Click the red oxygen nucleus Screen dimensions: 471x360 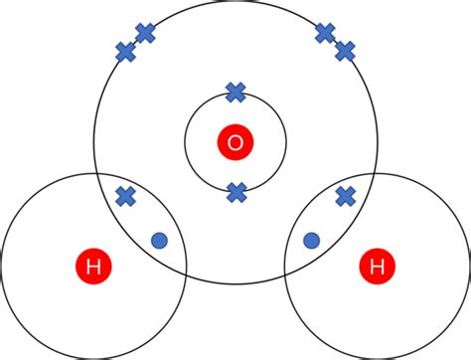235,143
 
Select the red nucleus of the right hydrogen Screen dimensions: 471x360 377,266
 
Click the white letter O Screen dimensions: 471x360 235,143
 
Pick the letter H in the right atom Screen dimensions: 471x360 377,266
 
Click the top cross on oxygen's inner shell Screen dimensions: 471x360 235,92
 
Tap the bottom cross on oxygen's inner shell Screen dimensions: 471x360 236,193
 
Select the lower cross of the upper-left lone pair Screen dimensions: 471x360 126,52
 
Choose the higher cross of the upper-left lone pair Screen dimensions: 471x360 145,33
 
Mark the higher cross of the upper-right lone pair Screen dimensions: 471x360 325,33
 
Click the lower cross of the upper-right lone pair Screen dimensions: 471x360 345,51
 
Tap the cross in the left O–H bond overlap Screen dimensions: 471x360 125,196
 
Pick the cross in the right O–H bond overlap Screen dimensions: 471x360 346,196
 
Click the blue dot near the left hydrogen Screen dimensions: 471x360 159,240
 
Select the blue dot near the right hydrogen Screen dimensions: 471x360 311,240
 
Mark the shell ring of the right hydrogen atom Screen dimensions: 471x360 467,266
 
